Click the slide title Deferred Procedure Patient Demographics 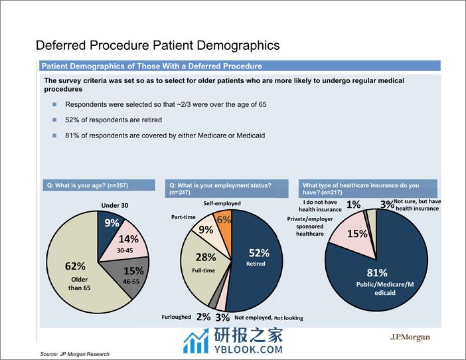click(x=157, y=45)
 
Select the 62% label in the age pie click(x=75, y=266)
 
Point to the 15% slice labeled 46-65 click(x=132, y=272)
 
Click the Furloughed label click(x=177, y=317)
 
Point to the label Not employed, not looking click(x=269, y=317)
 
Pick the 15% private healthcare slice click(x=347, y=234)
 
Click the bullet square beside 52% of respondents click(x=55, y=120)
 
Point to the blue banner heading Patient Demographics click(x=151, y=66)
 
